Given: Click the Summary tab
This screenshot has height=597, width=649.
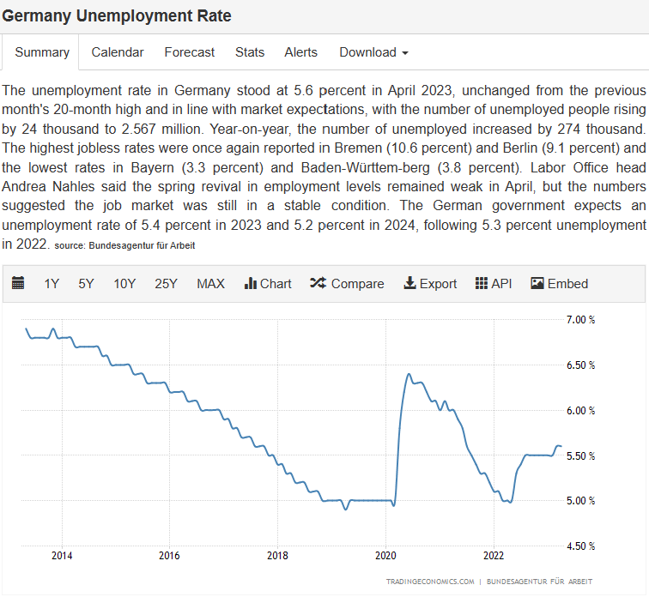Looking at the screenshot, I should pyautogui.click(x=42, y=52).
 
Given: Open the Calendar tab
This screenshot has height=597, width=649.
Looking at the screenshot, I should pyautogui.click(x=118, y=52).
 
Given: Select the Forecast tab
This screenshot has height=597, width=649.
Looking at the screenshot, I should pyautogui.click(x=190, y=52).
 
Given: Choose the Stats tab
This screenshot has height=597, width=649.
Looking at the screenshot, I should pyautogui.click(x=250, y=52).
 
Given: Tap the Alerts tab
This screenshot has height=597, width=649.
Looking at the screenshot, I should pyautogui.click(x=300, y=52).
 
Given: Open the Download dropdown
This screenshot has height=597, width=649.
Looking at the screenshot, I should pyautogui.click(x=373, y=52).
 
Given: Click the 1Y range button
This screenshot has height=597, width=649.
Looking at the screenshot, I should pyautogui.click(x=52, y=284).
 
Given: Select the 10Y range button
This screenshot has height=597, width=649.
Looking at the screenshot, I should pyautogui.click(x=124, y=284).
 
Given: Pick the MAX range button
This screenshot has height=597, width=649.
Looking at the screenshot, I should pyautogui.click(x=210, y=284).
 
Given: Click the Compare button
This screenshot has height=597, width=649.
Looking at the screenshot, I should pyautogui.click(x=347, y=284).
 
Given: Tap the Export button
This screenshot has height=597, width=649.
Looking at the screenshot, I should pyautogui.click(x=430, y=284).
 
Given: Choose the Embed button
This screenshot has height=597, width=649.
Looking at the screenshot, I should pyautogui.click(x=560, y=284).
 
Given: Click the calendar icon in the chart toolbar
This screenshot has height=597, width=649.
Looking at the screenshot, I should pyautogui.click(x=18, y=284).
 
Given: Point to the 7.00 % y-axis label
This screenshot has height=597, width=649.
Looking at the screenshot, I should pyautogui.click(x=581, y=320).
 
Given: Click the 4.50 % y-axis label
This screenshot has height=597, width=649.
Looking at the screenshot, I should pyautogui.click(x=581, y=546).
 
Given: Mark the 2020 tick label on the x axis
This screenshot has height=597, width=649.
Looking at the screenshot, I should pyautogui.click(x=385, y=555).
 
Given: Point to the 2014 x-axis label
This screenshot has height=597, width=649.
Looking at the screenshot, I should pyautogui.click(x=62, y=555).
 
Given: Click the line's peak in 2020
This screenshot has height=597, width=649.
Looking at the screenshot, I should pyautogui.click(x=408, y=375).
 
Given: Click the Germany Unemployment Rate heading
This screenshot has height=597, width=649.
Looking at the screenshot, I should pyautogui.click(x=117, y=16).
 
